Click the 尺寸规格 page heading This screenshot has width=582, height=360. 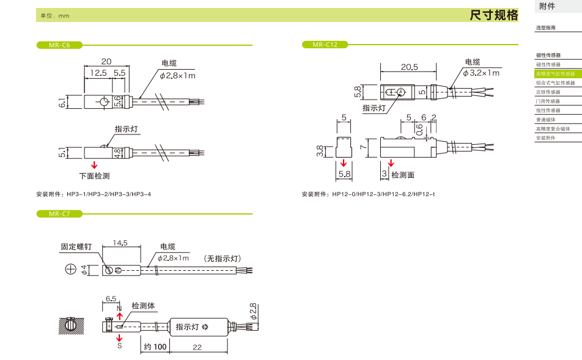[493, 15]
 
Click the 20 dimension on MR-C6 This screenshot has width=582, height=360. [106, 61]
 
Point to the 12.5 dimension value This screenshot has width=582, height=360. [98, 72]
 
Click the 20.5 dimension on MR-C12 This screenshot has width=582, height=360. [409, 67]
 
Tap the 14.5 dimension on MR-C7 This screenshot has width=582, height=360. [120, 243]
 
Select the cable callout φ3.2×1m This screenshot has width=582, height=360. [481, 73]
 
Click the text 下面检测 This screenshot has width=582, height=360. [94, 175]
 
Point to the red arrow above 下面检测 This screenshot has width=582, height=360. [94, 165]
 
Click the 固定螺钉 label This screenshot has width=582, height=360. [76, 247]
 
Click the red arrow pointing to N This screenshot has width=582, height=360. [119, 315]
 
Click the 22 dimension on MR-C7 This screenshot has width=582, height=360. [197, 347]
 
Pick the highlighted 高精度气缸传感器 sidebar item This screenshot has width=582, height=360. [556, 73]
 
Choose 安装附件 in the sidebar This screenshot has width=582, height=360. [547, 138]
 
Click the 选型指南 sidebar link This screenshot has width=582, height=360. [546, 28]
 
